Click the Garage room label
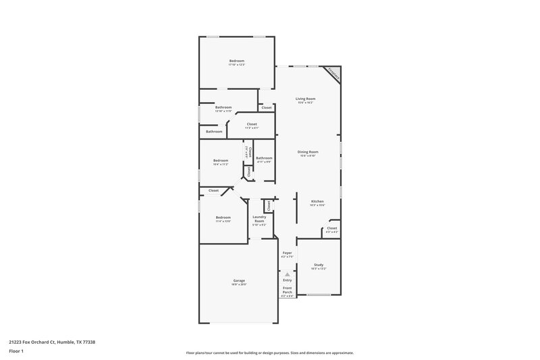239,280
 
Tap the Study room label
319,265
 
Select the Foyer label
287,253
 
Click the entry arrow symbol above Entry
288,274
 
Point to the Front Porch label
288,290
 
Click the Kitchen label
317,201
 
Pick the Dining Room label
308,152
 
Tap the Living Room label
306,99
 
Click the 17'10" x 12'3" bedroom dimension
236,65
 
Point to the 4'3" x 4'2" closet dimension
332,232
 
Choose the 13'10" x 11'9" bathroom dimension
223,111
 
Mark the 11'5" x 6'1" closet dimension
252,128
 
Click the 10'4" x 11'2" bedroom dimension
221,164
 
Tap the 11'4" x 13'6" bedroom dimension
223,221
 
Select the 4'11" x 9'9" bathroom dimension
264,162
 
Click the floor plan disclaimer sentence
270,353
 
